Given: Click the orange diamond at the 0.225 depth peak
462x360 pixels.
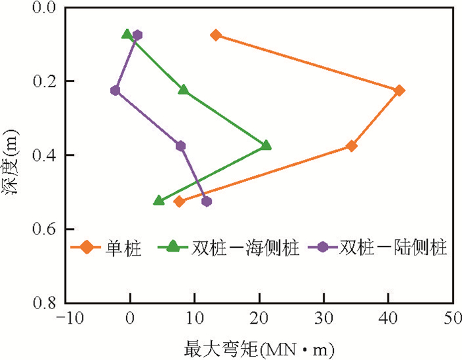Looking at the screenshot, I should point(399,90).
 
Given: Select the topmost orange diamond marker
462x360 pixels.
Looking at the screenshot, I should point(216,35).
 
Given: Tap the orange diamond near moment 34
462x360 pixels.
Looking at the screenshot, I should point(352,146).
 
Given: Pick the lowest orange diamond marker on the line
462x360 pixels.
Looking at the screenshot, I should point(179,201).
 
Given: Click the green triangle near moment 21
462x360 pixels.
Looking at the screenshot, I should point(266,145).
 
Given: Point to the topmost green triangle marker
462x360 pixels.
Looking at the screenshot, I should point(127,34).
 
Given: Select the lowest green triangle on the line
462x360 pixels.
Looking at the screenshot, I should point(158,200).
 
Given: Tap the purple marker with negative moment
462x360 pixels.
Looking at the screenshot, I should point(115,90).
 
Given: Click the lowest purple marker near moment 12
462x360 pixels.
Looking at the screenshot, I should point(207,201).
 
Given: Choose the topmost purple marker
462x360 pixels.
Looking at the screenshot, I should point(137,35).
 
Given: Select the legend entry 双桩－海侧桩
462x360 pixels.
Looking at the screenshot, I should point(224,248).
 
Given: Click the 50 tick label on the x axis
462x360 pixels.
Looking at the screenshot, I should point(453,318).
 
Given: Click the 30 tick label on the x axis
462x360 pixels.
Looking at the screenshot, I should point(323,318).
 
